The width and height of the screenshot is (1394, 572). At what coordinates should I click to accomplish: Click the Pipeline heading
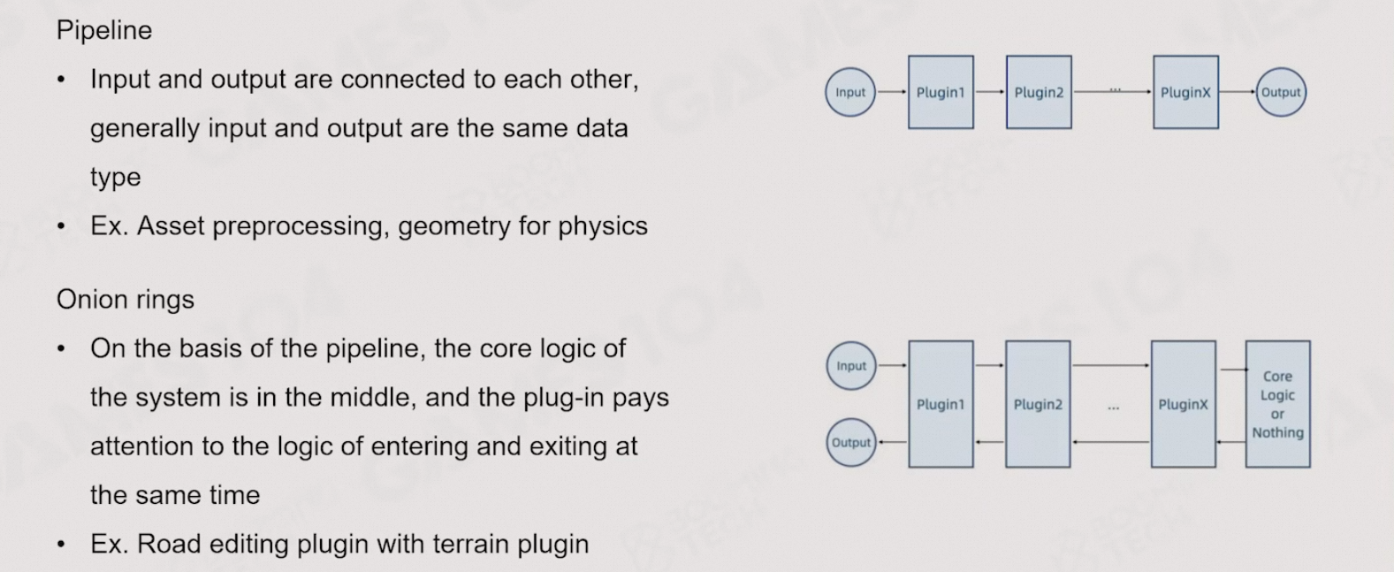[104, 30]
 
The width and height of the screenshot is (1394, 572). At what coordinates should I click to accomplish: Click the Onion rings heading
[126, 300]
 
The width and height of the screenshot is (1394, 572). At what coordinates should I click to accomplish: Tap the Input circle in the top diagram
[850, 92]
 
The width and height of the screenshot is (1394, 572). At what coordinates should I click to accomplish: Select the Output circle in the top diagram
[1280, 92]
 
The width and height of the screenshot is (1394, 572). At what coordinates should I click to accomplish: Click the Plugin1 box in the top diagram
[941, 92]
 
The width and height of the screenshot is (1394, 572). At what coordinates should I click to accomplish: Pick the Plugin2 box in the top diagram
[1039, 92]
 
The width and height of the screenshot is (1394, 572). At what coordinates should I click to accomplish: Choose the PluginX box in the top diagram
[1185, 92]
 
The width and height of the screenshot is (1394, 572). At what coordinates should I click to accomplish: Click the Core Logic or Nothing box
[1277, 404]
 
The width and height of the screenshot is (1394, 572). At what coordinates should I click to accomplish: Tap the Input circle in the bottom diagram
[851, 366]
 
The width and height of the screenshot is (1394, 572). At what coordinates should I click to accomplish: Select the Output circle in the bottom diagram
[851, 443]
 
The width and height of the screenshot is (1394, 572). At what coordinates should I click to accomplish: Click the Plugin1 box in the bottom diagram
[941, 404]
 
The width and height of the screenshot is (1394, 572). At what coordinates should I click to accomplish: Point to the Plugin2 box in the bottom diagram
[1038, 404]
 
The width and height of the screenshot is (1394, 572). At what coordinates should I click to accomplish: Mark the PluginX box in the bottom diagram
[1183, 404]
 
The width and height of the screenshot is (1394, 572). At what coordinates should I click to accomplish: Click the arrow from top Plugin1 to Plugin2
[990, 92]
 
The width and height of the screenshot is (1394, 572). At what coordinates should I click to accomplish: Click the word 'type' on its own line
[115, 178]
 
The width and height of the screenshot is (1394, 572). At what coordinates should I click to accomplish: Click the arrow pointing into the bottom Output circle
[893, 442]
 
